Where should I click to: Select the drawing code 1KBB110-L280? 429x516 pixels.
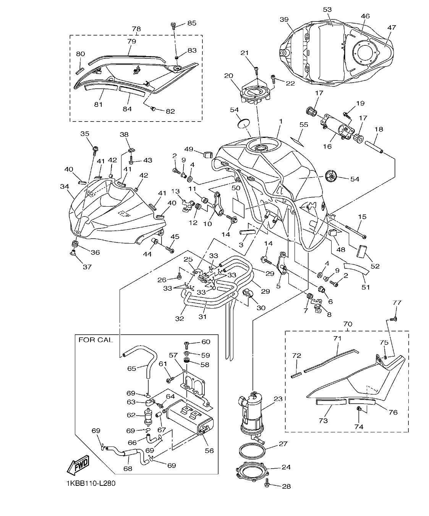[90, 483]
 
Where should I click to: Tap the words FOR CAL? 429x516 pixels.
[96, 340]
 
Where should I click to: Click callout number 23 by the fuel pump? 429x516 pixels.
[278, 399]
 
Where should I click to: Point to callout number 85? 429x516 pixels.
[191, 23]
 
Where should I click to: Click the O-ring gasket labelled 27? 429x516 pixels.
[253, 450]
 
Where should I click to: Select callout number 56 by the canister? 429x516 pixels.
[209, 450]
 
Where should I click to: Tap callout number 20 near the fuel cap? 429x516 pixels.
[228, 76]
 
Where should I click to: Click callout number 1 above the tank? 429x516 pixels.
[280, 121]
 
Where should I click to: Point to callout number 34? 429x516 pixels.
[64, 186]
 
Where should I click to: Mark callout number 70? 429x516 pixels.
[348, 324]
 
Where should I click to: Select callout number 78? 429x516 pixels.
[136, 29]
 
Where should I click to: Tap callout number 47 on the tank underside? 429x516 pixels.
[391, 27]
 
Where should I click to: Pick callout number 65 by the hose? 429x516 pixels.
[132, 369]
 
